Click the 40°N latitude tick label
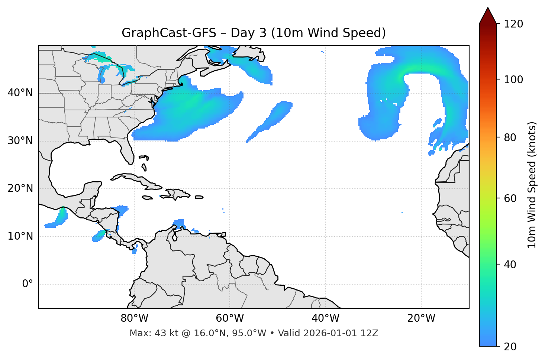coord(20,93)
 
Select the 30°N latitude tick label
coord(20,141)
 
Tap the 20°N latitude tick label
coord(20,188)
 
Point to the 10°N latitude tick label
coord(20,236)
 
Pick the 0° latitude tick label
coord(28,284)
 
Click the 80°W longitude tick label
coord(134,318)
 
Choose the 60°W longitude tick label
coord(230,318)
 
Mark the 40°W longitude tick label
coord(325,318)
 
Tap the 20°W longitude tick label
coord(421,318)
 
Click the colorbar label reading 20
coord(510,347)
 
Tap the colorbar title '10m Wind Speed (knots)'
coord(532,185)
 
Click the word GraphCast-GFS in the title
coord(169,33)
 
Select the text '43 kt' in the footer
coord(162,333)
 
